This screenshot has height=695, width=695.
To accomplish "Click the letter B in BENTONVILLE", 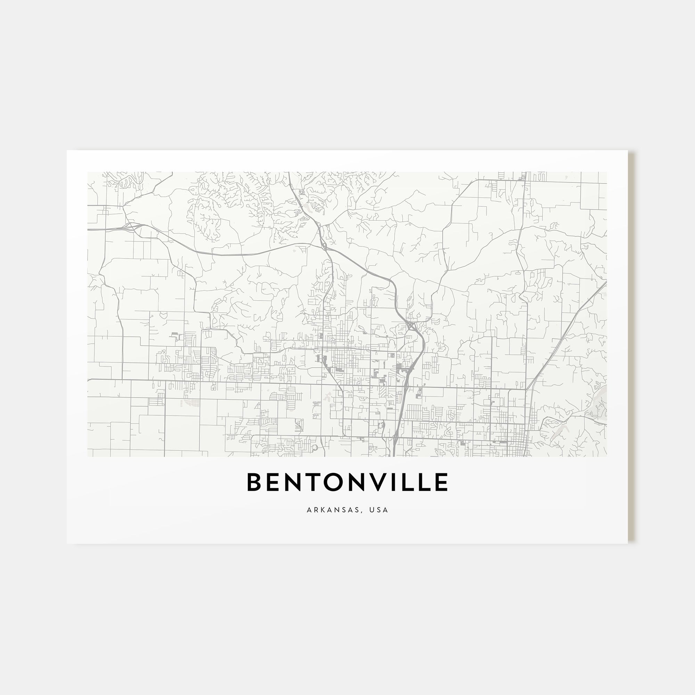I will point(254,482).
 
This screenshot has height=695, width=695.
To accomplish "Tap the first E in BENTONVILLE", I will point(274,482).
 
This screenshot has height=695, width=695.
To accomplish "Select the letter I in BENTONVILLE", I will point(402,482).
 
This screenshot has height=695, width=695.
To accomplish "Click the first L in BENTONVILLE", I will point(415,482).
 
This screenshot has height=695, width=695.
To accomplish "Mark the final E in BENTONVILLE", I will point(443,482).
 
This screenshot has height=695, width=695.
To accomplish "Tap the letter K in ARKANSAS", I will point(323,510).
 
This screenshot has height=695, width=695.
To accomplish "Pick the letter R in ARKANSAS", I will point(316,510).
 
